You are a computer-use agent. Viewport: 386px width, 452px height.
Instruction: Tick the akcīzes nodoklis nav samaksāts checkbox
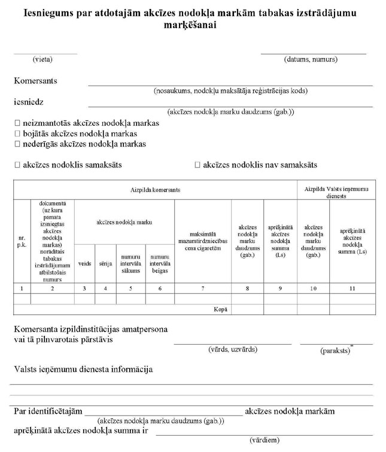tap(197, 165)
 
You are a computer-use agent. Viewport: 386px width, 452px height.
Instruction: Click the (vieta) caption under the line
tap(42, 59)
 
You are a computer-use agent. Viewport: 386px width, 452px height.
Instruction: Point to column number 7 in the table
tap(203, 289)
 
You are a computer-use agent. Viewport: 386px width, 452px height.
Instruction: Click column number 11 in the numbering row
tap(352, 289)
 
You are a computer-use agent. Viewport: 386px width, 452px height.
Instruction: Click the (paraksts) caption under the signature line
tap(336, 348)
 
